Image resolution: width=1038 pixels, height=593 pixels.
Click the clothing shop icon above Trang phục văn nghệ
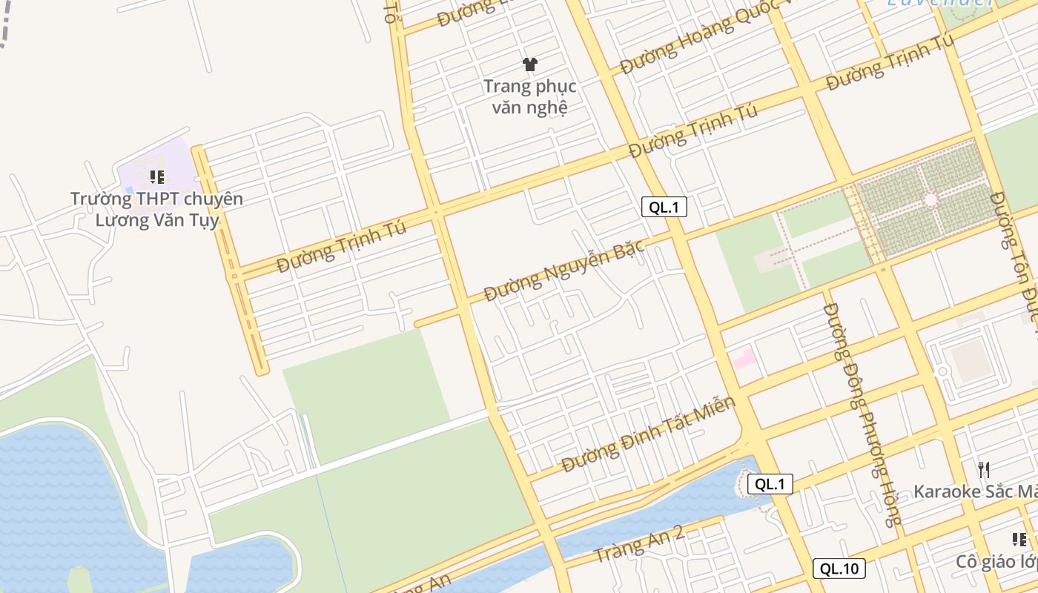pos(529,64)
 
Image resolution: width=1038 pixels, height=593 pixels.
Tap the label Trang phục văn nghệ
pos(529,97)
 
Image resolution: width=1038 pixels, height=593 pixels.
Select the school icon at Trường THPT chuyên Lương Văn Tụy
pos(156,177)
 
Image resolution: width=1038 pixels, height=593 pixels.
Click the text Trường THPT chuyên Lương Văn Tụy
pos(156,210)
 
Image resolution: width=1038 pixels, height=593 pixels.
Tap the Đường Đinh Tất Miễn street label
pos(648,434)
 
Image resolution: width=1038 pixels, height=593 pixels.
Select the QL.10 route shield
pos(839,569)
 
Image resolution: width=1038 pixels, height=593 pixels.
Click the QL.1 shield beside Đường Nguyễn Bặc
pos(664,208)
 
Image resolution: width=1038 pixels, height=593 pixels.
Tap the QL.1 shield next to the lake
pos(770,485)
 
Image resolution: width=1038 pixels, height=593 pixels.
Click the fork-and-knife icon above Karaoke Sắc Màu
pos(984,469)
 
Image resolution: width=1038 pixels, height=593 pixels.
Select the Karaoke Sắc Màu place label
pos(975,491)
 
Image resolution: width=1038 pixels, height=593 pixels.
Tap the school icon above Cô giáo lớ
pos(1019,539)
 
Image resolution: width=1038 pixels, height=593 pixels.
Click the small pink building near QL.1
pos(744,359)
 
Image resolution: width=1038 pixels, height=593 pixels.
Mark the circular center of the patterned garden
pos(930,200)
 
